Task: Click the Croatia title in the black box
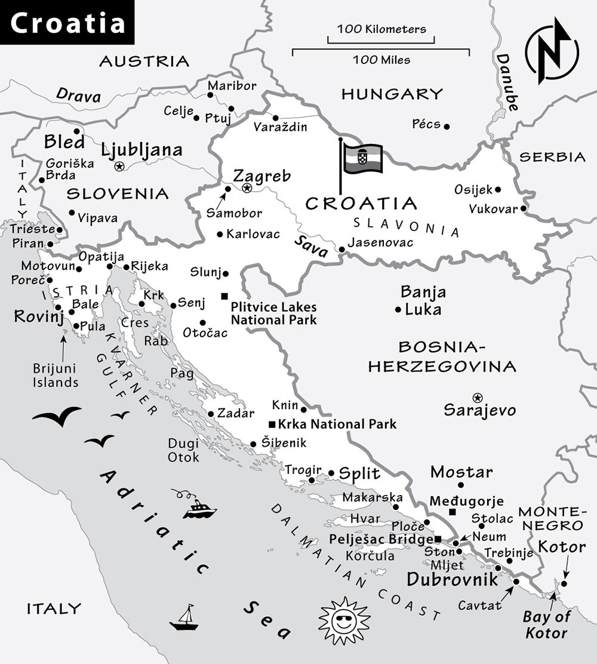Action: pos(67,23)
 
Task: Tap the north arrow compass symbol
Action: pos(551,51)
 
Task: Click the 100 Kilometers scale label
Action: pos(381,29)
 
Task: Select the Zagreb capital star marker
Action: pos(247,188)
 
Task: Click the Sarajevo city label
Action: pos(479,411)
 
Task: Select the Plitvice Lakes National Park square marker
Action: pos(224,296)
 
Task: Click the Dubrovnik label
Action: pos(452,579)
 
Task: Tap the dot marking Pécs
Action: pos(447,127)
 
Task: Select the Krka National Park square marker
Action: pos(272,425)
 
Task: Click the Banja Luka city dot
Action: pos(398,309)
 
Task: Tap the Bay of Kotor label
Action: pos(546,625)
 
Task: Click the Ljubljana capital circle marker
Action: pos(119,167)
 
